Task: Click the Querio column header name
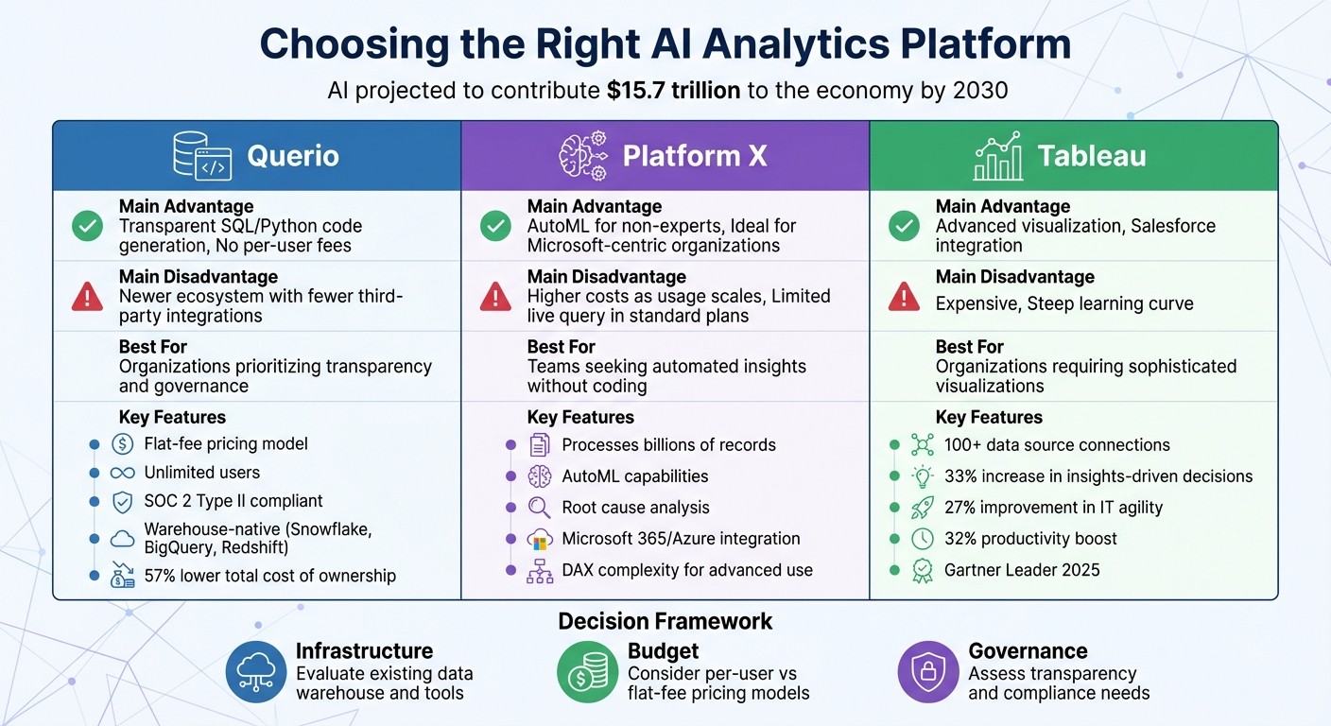(292, 156)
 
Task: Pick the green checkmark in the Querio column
(88, 226)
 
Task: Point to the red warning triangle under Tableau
(905, 297)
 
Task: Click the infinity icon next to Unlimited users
(123, 473)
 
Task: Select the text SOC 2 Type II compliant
(233, 501)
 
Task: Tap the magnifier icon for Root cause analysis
(539, 508)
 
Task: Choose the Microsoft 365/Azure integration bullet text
(681, 539)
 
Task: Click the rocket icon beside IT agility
(922, 508)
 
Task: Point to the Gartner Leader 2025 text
(1022, 570)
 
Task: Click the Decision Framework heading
(665, 621)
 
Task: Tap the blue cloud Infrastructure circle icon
(256, 672)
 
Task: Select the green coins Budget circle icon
(587, 672)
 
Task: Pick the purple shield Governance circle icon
(927, 672)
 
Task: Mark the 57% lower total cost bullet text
(269, 576)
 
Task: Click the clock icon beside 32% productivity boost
(922, 539)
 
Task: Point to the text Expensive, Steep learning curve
(1064, 303)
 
